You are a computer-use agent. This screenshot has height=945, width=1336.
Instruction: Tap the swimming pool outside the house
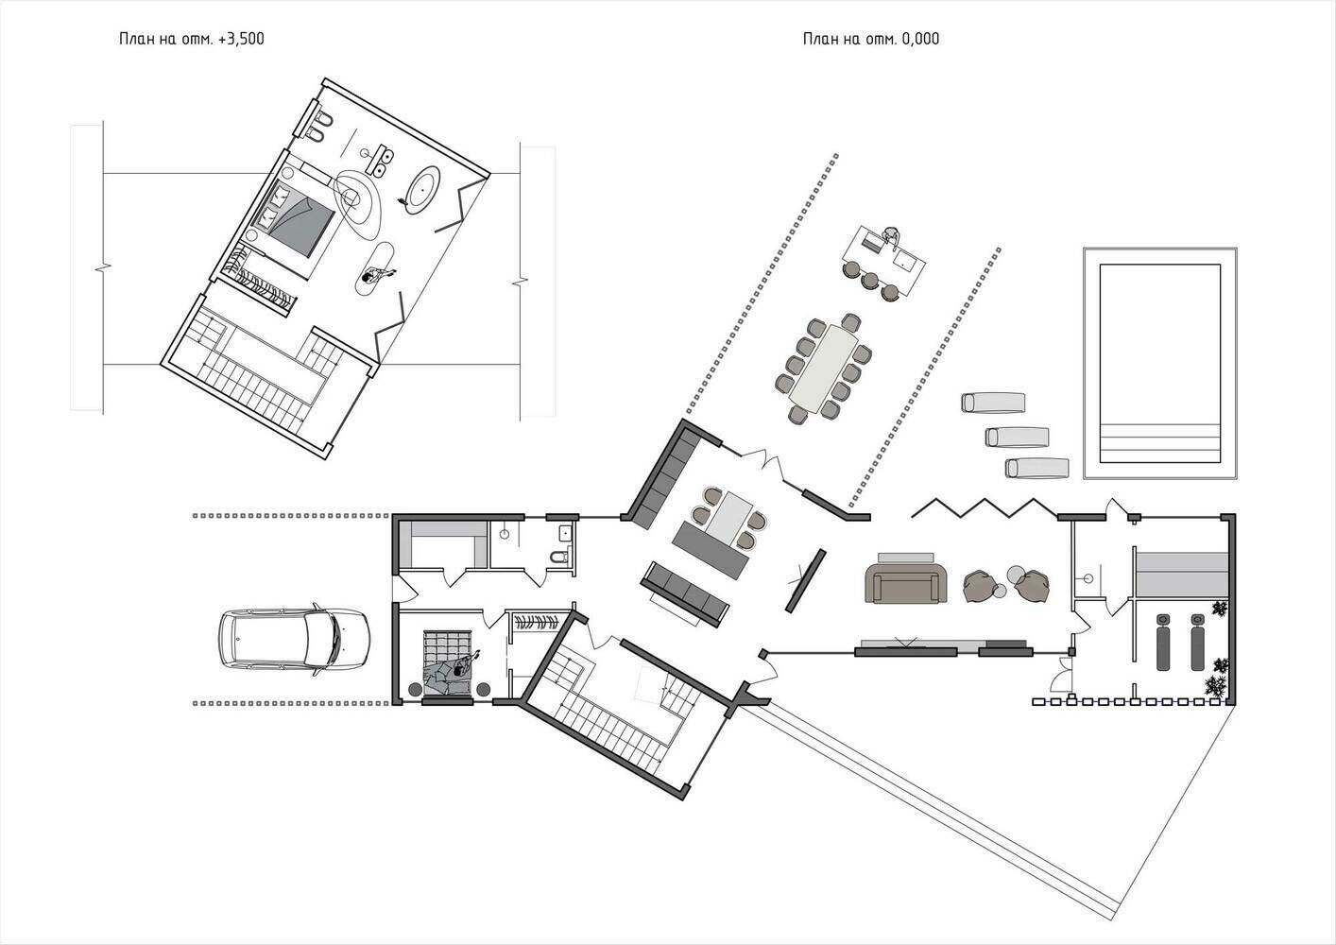pyautogui.click(x=1159, y=363)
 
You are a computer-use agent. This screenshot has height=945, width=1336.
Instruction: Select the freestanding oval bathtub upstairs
pyautogui.click(x=423, y=190)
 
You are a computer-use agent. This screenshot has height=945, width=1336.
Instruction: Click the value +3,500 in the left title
pyautogui.click(x=241, y=40)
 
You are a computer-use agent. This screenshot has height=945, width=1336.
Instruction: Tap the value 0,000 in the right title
pyautogui.click(x=920, y=40)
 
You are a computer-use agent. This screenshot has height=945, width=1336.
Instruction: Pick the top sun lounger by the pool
pyautogui.click(x=993, y=403)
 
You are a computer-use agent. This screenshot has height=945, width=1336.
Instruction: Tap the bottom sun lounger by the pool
pyautogui.click(x=1036, y=468)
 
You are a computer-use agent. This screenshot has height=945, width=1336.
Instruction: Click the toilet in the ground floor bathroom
pyautogui.click(x=560, y=557)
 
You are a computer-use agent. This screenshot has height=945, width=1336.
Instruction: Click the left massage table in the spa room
pyautogui.click(x=1164, y=642)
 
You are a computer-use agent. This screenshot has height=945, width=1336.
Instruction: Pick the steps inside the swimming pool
pyautogui.click(x=1159, y=443)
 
